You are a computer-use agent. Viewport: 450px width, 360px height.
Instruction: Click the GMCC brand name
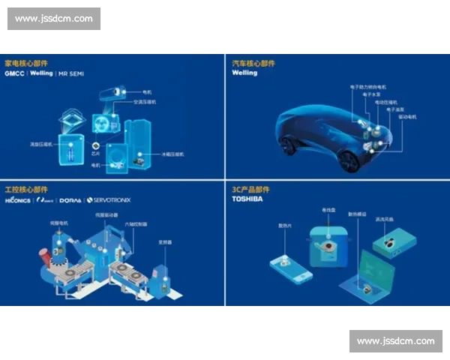pyautogui.click(x=14, y=74)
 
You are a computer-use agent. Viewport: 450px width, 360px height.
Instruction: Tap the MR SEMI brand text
pyautogui.click(x=73, y=74)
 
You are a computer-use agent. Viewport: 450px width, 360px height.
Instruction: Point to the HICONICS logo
pyautogui.click(x=17, y=200)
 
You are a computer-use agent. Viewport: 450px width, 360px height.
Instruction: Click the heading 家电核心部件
pyautogui.click(x=26, y=64)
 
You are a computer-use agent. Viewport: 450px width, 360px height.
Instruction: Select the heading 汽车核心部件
pyautogui.click(x=253, y=64)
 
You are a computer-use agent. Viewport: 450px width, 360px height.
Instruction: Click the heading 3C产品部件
pyautogui.click(x=251, y=190)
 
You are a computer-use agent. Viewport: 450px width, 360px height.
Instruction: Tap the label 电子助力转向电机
pyautogui.click(x=365, y=88)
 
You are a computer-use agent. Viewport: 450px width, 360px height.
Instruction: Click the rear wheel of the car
pyautogui.click(x=349, y=160)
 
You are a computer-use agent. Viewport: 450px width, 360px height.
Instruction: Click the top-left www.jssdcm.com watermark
pyautogui.click(x=54, y=18)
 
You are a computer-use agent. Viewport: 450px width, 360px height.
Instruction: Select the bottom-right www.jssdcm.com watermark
pyautogui.click(x=395, y=341)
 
